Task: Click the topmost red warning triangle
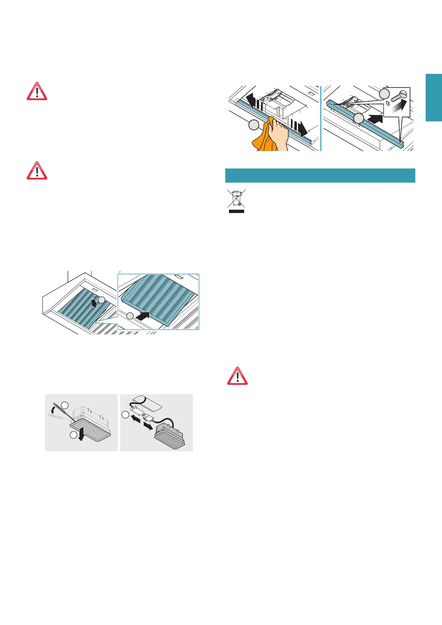(x=37, y=91)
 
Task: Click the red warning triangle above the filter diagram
(x=37, y=171)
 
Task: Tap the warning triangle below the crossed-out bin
(x=237, y=376)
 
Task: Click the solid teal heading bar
(x=320, y=175)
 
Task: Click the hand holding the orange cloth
(x=279, y=133)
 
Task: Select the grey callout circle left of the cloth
(x=254, y=125)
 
